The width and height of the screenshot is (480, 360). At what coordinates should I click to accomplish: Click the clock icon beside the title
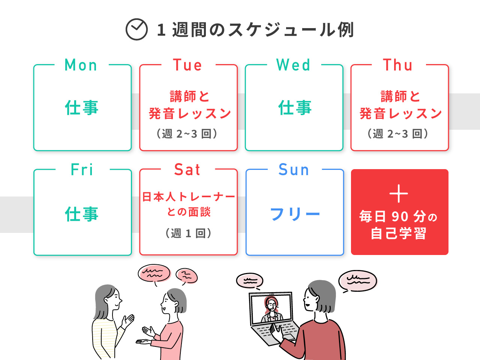pos(136,29)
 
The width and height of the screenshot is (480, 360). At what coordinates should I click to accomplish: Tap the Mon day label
pos(81,65)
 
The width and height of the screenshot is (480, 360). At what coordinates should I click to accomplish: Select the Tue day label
pos(187,65)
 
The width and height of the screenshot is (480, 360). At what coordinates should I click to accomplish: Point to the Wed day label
pos(293,65)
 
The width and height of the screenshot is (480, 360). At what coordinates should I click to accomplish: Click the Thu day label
pos(397,65)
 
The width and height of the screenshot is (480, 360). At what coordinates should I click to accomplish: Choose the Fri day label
pos(82,169)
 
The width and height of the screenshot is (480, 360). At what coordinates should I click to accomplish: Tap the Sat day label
pos(187,169)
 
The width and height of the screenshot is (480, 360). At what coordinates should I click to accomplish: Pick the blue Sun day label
pos(294,169)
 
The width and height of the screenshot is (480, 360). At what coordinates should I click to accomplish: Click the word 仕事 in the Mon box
pos(82,108)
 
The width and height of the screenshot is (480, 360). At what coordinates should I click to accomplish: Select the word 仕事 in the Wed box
pos(295,108)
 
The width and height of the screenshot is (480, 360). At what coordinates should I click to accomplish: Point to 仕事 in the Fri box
pos(82,214)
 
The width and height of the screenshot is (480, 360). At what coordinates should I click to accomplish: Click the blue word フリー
pos(295,214)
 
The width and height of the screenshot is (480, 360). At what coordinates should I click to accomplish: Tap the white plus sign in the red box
pos(399,193)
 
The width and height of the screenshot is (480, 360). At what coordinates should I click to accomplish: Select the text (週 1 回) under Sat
pos(188,233)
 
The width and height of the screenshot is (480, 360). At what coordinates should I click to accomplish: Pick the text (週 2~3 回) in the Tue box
pos(187,133)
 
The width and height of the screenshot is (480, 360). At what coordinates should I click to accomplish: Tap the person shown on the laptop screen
pos(271,310)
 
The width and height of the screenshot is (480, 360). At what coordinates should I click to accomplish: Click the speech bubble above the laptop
pos(250,281)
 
